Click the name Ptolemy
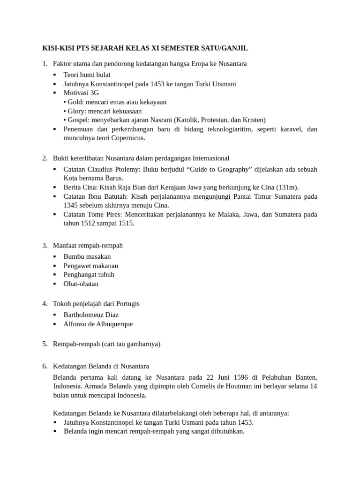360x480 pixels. (128, 169)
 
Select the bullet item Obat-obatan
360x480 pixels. (81, 284)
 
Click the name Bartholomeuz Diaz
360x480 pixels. (91, 315)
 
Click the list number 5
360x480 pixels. (45, 344)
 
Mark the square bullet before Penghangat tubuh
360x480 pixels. (55, 275)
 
